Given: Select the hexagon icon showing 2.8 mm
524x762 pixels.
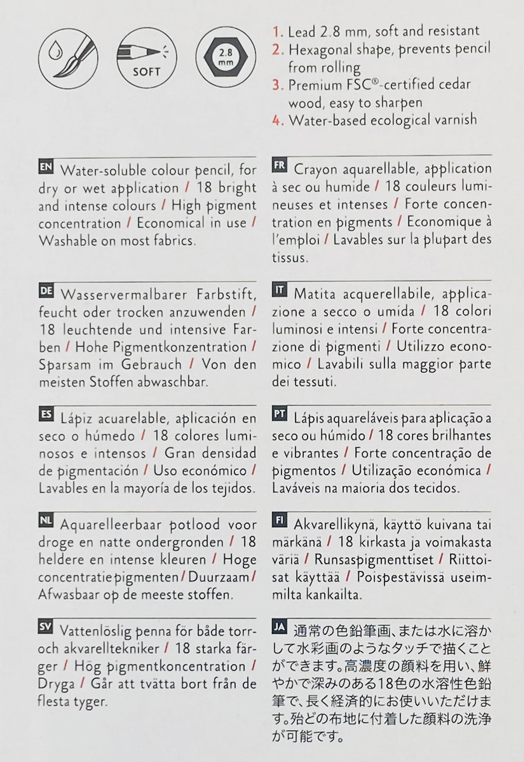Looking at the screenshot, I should pyautogui.click(x=226, y=58).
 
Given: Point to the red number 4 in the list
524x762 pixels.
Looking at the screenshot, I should pyautogui.click(x=278, y=120).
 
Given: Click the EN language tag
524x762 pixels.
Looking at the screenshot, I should pyautogui.click(x=46, y=167).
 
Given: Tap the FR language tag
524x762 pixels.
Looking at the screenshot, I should pyautogui.click(x=280, y=166).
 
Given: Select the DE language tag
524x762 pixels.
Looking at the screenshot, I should pyautogui.click(x=46, y=291).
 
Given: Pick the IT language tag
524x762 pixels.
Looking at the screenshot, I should pyautogui.click(x=280, y=290).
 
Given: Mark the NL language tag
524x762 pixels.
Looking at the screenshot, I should pyautogui.click(x=46, y=521).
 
